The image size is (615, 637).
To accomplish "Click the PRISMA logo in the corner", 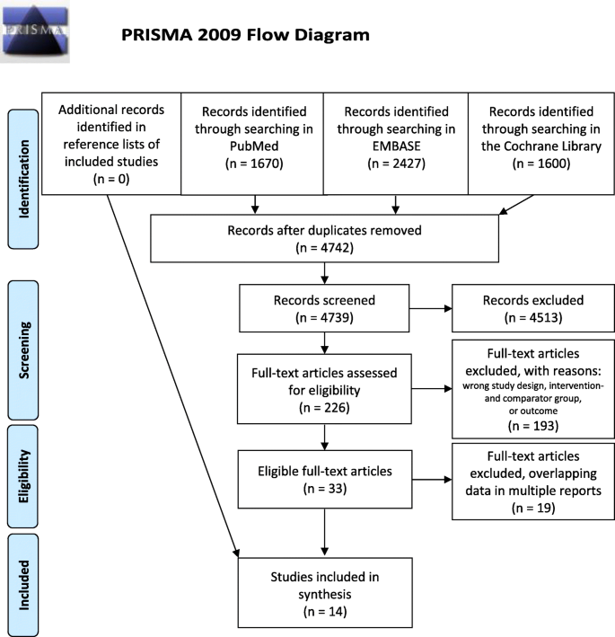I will [35, 33].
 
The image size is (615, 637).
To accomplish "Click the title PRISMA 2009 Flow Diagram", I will [245, 35].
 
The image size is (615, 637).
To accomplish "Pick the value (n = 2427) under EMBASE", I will [390, 164].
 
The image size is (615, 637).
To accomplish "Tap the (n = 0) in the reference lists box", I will [108, 179].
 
